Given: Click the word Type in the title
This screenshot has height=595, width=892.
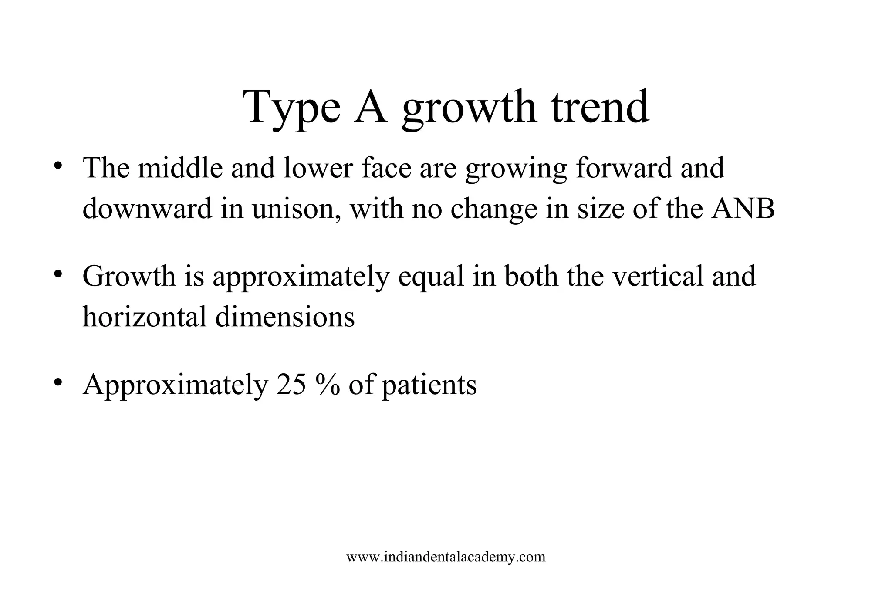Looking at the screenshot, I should pos(291,108).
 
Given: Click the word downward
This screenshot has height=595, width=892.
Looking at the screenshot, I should pos(147,209).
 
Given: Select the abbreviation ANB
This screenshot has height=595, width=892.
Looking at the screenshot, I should pos(743,209).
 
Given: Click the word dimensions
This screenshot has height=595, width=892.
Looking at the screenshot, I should pos(285,317).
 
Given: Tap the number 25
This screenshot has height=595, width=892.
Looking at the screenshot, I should pos(291,385).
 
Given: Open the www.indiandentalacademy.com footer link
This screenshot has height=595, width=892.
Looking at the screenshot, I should pos(446,557).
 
